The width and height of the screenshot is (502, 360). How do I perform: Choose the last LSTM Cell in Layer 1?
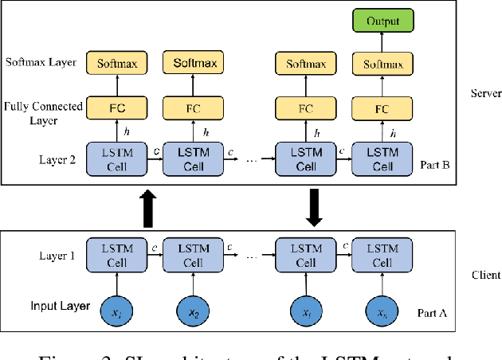[x=378, y=255]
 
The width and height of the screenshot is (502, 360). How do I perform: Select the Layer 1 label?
[x=57, y=256]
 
